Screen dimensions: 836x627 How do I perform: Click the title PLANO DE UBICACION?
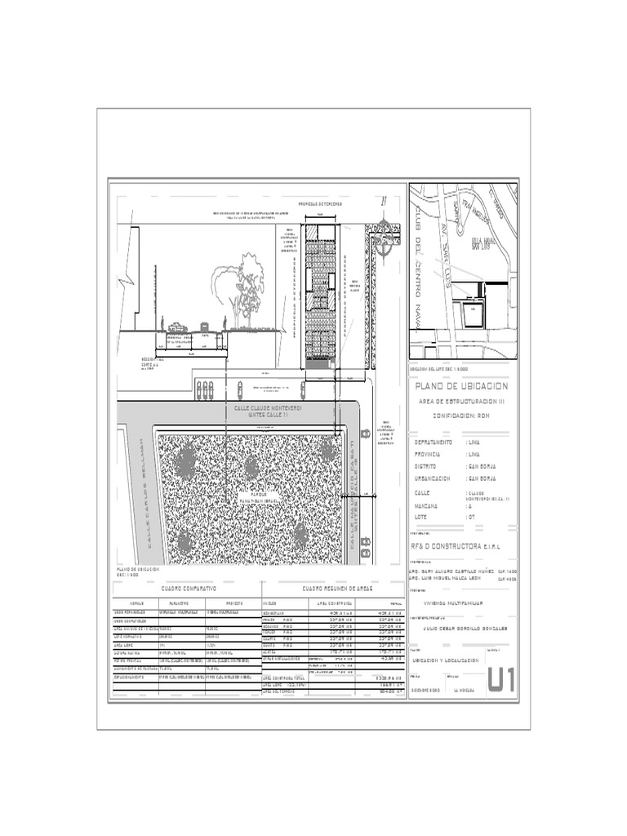pyautogui.click(x=462, y=386)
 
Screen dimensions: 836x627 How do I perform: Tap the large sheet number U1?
pyautogui.click(x=501, y=679)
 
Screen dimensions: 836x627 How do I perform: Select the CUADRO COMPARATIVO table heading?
pyautogui.click(x=188, y=588)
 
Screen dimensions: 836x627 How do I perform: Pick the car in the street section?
pyautogui.click(x=177, y=327)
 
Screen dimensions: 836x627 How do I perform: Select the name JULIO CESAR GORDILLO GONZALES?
pyautogui.click(x=461, y=629)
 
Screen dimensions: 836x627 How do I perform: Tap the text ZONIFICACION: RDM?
pyautogui.click(x=462, y=415)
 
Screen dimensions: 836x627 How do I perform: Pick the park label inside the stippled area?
pyautogui.click(x=259, y=496)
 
